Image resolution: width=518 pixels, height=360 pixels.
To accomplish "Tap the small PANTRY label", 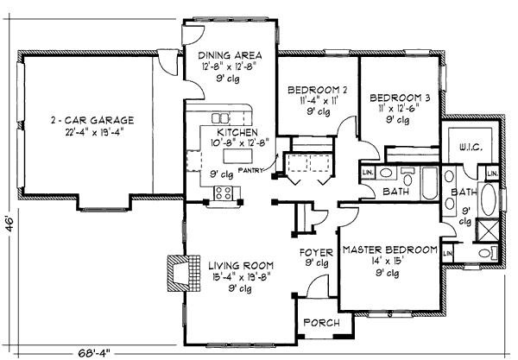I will (x=251, y=171).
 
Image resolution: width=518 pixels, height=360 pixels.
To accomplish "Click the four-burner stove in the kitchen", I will (x=224, y=193).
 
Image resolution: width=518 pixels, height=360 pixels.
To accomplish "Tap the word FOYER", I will (x=315, y=253).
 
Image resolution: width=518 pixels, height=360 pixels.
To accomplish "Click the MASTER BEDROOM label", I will (x=389, y=250).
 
